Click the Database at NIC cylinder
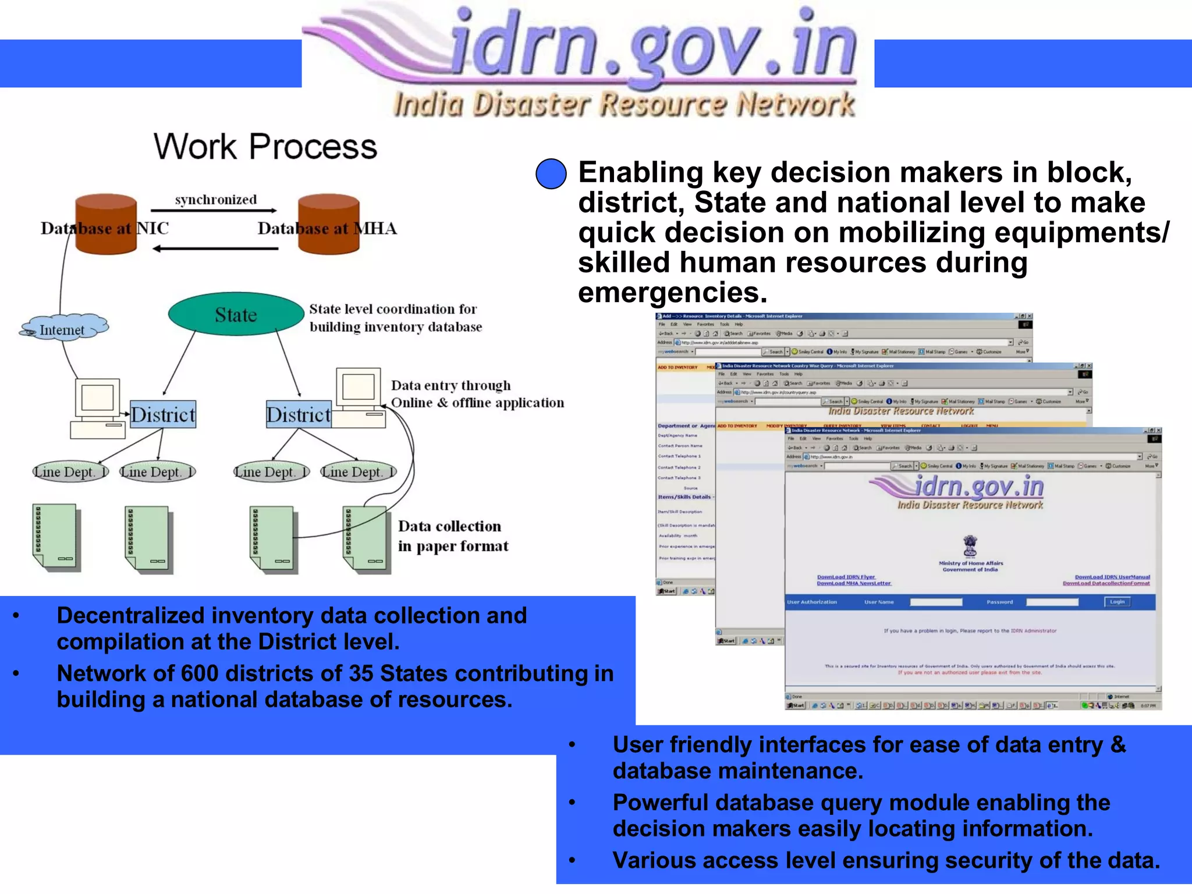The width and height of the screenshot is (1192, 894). coord(106,224)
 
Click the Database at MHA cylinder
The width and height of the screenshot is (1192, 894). coord(329,224)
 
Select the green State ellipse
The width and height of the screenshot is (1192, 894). coord(236,314)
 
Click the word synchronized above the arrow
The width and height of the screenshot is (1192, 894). coord(216,200)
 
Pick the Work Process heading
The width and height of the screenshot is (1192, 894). coord(265,146)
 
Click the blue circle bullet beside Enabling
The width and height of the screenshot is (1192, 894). coord(551,173)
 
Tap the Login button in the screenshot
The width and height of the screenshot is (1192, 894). coord(1117,602)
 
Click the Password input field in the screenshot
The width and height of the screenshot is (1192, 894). coord(1052,602)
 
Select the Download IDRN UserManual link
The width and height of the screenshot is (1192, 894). coord(1112,577)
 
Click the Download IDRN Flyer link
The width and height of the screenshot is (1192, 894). coord(846,577)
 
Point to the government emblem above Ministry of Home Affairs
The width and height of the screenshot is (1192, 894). coord(970,546)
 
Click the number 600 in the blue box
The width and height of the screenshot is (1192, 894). coord(199,673)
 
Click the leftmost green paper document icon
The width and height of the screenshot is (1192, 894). coord(55,537)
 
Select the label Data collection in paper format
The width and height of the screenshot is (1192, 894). coord(452,536)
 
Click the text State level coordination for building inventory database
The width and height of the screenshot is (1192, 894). coord(395,318)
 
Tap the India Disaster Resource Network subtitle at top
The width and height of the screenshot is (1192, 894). coord(624,105)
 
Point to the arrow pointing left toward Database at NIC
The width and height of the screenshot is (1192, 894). coord(215,249)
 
